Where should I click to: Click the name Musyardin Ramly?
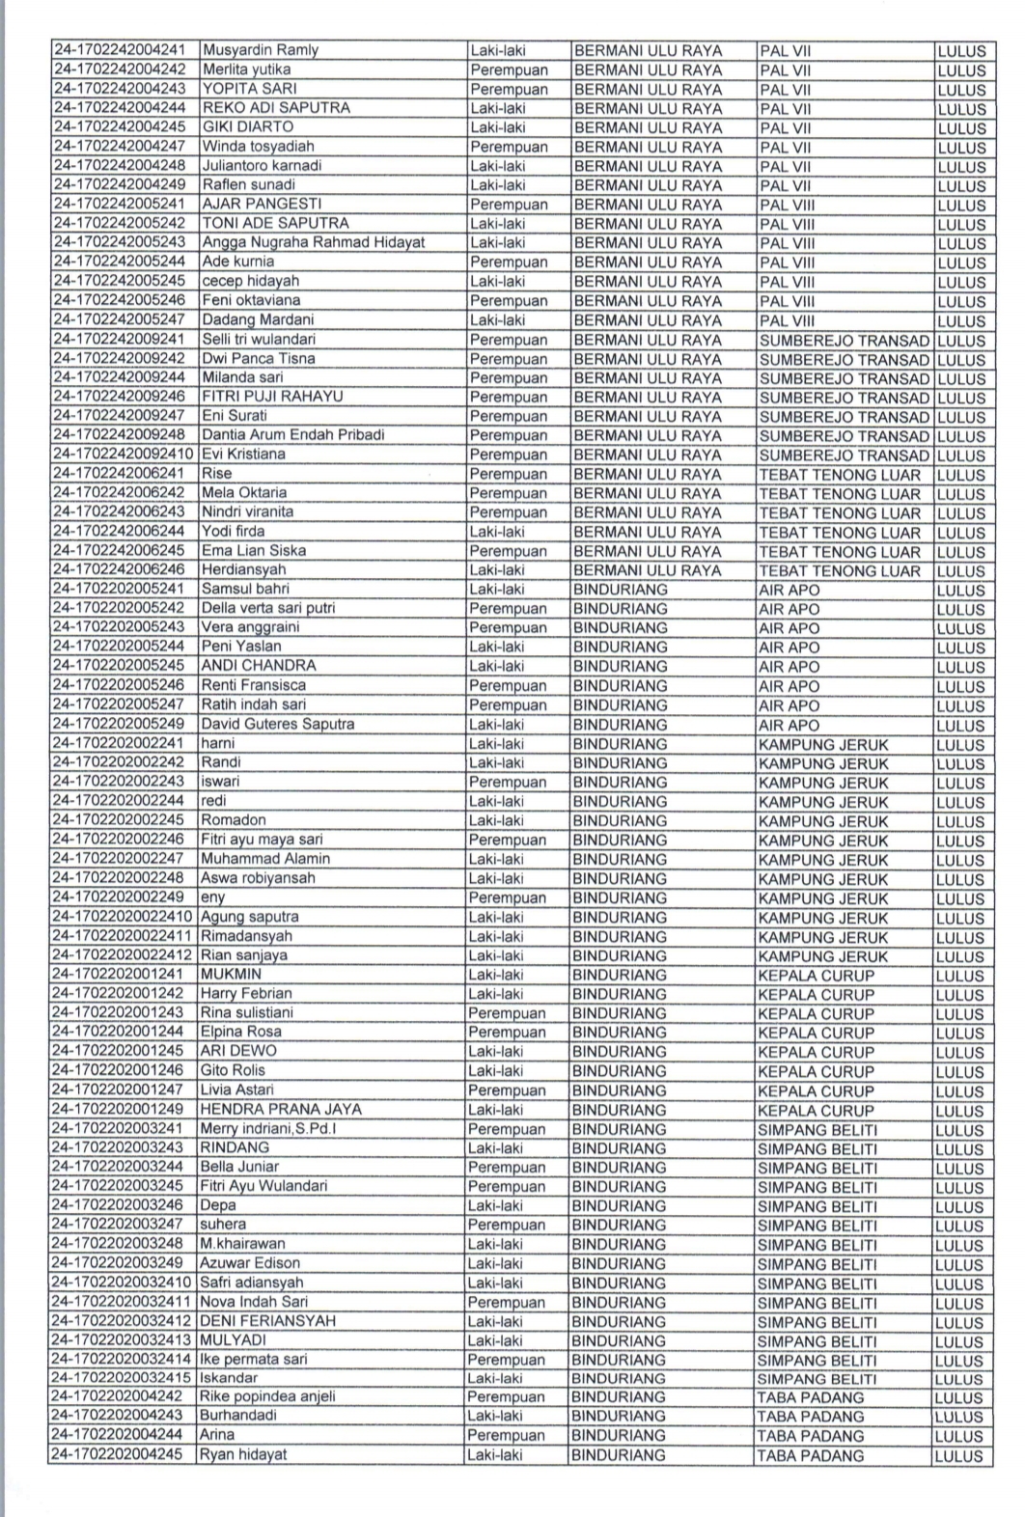pos(260,50)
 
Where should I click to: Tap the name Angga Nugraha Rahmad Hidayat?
pos(313,242)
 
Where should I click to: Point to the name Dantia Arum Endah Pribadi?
pos(292,435)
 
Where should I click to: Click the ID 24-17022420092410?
pos(124,455)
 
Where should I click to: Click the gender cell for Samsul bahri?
pos(497,589)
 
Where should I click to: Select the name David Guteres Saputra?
pos(277,724)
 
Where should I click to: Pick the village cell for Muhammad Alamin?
pos(822,859)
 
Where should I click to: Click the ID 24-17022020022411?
pos(123,936)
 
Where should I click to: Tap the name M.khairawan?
pos(242,1244)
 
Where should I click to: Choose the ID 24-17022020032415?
pos(123,1378)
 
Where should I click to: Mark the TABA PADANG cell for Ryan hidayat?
pos(811,1455)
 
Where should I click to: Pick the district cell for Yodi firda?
pos(647,532)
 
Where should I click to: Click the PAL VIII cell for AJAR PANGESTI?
pos(787,205)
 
